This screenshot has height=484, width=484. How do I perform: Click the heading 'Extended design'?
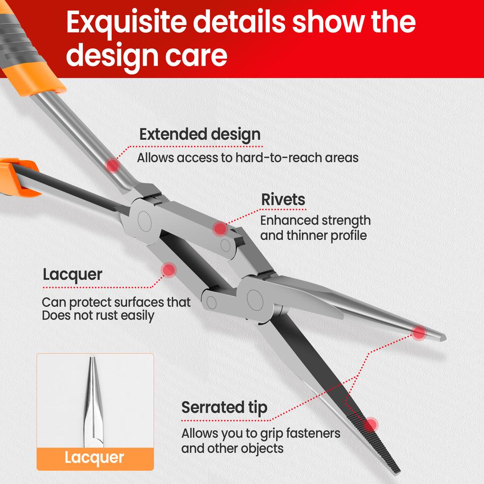199,134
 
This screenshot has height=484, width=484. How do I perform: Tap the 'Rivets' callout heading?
283,199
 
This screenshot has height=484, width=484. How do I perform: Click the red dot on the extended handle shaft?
112,165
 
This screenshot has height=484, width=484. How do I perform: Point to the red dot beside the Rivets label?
220,229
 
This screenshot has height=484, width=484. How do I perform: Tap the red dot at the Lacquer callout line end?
168,270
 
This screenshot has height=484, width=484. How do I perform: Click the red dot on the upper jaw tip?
419,333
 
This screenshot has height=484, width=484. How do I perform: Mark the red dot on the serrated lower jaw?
372,424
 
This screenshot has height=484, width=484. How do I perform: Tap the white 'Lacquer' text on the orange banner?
95,458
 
